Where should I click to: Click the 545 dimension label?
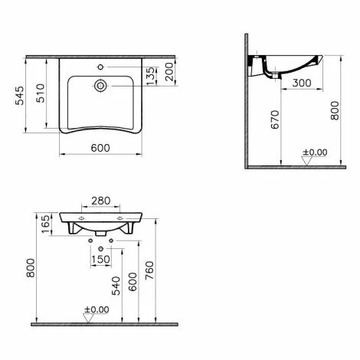coord(20,96)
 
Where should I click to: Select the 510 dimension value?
coord(41,93)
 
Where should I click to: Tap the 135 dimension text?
coord(151,76)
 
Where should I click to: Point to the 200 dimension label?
coord(169,72)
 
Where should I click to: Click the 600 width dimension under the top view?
coord(100,148)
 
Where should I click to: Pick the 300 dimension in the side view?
coord(302,83)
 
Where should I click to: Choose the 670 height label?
coord(275,119)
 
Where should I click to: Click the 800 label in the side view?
coord(335,110)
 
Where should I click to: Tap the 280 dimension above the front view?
coord(101,201)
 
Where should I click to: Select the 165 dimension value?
coord(45,224)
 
